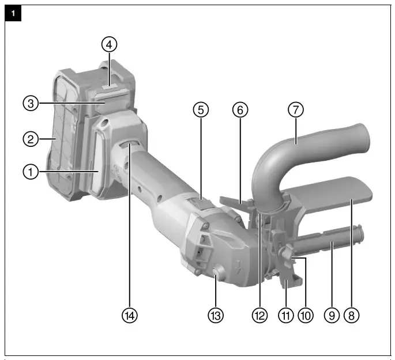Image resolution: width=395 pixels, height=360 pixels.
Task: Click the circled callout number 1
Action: [31, 171]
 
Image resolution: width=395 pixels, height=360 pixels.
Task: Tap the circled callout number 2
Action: [31, 139]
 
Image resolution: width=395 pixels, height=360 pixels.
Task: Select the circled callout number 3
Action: [31, 104]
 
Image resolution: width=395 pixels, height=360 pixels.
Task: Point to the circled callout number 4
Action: [110, 43]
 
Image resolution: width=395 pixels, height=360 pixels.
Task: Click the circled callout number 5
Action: [200, 109]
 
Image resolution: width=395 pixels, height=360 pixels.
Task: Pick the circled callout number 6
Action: [240, 109]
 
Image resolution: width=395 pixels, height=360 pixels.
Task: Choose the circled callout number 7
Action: [295, 109]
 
